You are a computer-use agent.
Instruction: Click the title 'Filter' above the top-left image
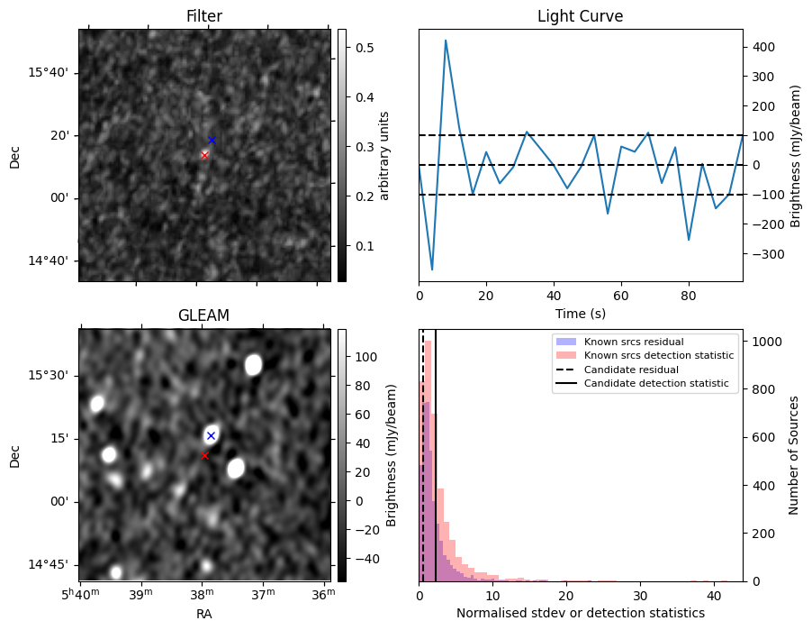pos(203,16)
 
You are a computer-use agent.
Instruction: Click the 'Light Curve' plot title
pos(580,16)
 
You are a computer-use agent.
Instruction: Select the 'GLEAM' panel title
pos(203,315)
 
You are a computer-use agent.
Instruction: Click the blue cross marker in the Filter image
pos(212,140)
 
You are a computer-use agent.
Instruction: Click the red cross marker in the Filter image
pos(204,155)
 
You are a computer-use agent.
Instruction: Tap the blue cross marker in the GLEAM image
pos(211,435)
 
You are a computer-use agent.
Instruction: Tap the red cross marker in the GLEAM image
pos(204,455)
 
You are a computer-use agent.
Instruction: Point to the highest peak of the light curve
pos(446,41)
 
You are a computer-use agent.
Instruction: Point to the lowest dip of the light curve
pos(432,269)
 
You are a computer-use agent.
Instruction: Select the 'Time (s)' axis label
pos(580,314)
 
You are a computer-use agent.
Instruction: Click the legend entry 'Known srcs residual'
pos(633,342)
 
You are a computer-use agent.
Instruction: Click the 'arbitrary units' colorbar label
pos(385,155)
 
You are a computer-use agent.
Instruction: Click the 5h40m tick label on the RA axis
pos(80,597)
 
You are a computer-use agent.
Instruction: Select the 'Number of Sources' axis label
pos(794,454)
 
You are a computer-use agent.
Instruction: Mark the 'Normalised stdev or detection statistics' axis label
pos(580,614)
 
